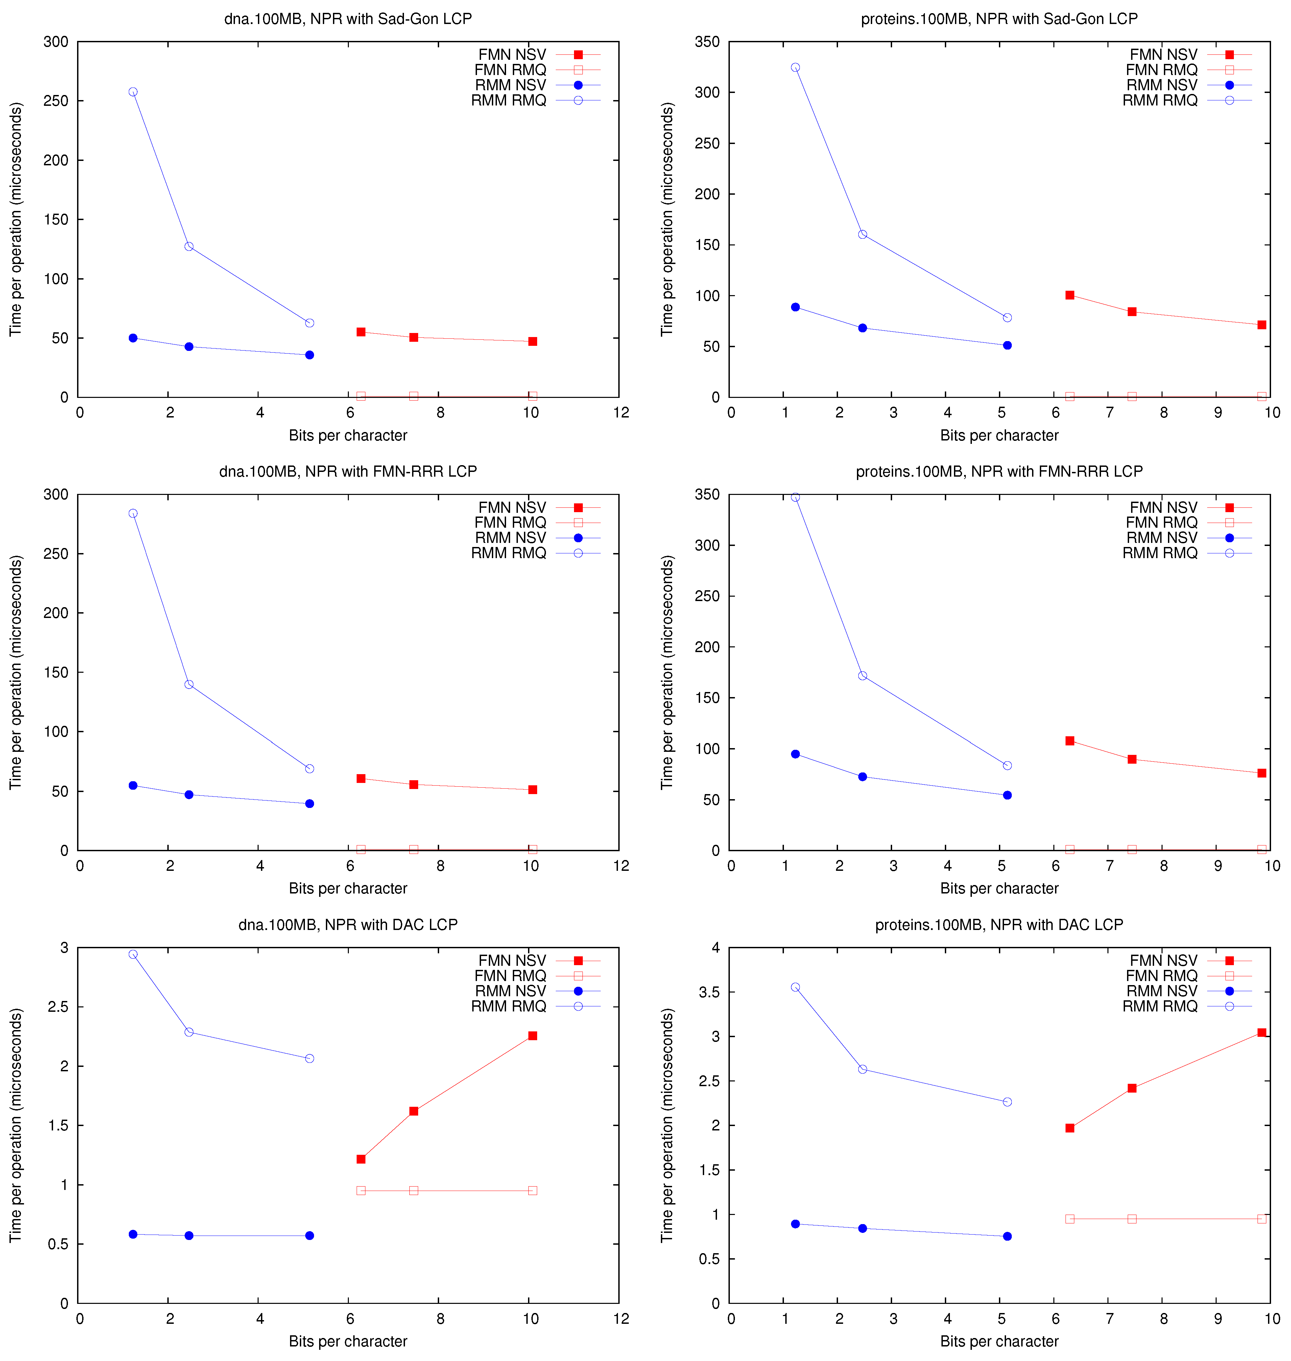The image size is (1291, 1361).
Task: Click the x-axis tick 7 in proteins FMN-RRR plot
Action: (1109, 866)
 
